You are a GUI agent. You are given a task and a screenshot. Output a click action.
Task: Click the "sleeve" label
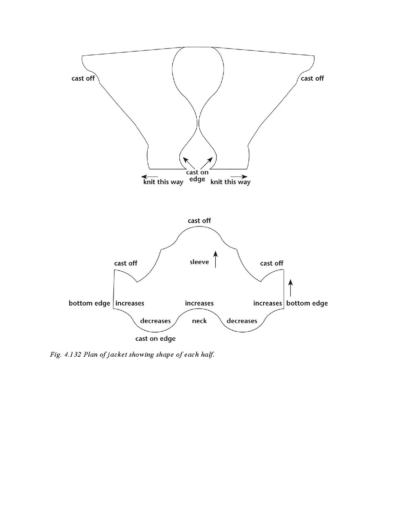click(199, 262)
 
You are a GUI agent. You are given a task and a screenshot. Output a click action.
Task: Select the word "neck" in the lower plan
click(199, 321)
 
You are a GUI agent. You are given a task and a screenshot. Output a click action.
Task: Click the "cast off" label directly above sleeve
click(199, 221)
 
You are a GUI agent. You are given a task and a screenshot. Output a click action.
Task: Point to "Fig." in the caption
click(55, 355)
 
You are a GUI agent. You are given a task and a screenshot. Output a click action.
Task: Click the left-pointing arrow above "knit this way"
click(150, 177)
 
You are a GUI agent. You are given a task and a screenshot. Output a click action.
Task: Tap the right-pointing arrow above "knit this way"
click(239, 177)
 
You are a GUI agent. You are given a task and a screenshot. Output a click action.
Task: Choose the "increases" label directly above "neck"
click(199, 303)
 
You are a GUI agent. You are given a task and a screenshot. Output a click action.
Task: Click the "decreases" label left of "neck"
click(155, 321)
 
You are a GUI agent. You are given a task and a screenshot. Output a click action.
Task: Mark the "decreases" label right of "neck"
click(242, 321)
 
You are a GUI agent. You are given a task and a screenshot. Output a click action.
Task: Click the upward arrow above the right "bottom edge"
click(291, 288)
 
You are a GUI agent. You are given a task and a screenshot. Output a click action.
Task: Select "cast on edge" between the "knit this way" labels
click(197, 176)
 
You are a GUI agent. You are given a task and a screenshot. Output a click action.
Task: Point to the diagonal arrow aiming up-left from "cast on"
click(188, 163)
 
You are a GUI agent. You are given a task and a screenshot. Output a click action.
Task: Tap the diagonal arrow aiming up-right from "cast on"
click(207, 163)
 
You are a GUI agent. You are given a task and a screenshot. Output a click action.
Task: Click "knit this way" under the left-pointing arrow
click(163, 182)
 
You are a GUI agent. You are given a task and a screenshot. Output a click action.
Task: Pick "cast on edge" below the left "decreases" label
click(155, 339)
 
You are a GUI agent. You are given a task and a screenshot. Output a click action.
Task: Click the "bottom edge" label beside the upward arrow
click(307, 303)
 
